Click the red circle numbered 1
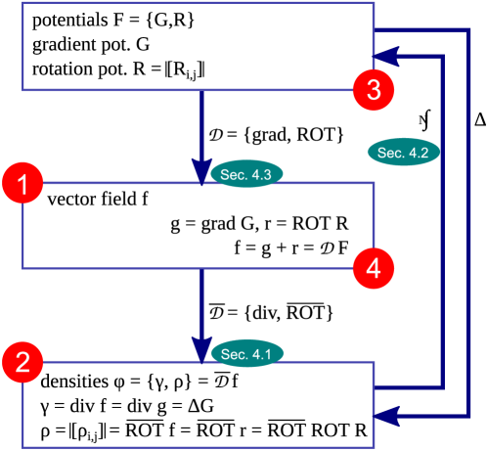point(22,184)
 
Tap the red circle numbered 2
point(22,363)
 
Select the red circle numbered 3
point(374,90)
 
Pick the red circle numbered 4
point(374,265)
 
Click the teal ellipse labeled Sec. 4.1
point(247,354)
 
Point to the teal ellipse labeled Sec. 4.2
point(403,152)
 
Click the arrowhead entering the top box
point(388,56)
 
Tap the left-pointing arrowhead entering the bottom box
point(388,416)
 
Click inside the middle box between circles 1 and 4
point(196,225)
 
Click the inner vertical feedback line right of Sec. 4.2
point(445,225)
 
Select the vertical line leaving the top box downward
point(201,122)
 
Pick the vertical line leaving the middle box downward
point(201,303)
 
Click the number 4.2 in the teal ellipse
point(417,152)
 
